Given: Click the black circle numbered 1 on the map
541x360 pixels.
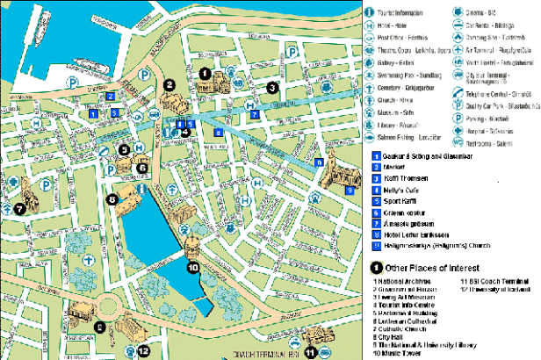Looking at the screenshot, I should point(205,73).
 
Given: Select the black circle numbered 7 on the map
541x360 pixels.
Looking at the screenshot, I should point(18,209).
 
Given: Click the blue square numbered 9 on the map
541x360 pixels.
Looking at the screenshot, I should point(350,189).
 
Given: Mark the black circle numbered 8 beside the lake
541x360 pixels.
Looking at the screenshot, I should point(112,199).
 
